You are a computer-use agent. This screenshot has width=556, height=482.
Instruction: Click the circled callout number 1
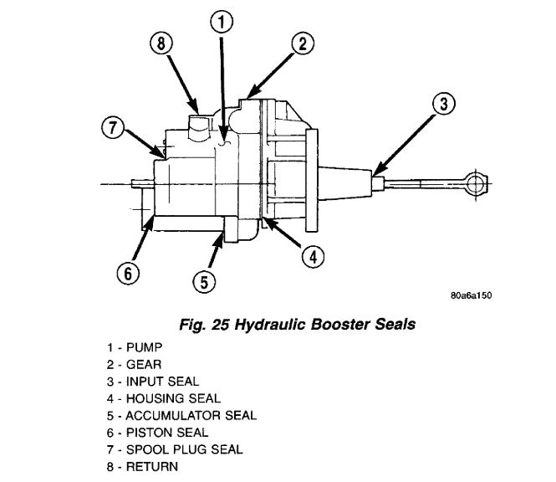219,23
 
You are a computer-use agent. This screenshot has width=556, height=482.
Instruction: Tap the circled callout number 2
300,44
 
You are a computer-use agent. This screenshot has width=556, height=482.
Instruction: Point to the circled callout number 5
203,282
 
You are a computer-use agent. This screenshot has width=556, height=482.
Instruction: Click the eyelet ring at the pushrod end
478,183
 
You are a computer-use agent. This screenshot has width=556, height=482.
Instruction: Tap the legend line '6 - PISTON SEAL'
158,432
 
